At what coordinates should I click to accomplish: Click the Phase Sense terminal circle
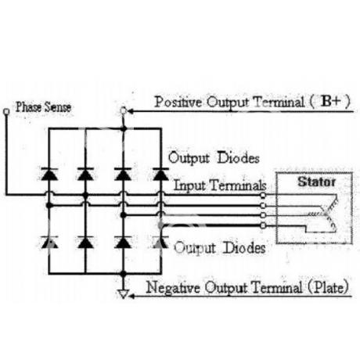click(6, 112)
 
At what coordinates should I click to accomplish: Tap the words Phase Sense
click(43, 107)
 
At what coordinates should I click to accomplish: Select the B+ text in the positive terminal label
click(331, 101)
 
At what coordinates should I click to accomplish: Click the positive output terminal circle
click(124, 111)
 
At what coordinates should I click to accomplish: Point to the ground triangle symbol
click(123, 293)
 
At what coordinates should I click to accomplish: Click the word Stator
click(316, 182)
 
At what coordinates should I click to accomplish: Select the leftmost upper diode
click(49, 174)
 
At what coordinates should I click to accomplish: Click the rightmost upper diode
click(160, 174)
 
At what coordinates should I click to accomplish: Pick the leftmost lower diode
click(49, 242)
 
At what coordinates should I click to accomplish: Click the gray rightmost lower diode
click(160, 242)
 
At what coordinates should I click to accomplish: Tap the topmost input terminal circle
click(263, 195)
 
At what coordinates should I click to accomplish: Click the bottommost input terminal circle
click(263, 225)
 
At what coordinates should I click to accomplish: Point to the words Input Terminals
click(220, 185)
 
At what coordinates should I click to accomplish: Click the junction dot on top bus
click(124, 128)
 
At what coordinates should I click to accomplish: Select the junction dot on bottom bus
click(124, 274)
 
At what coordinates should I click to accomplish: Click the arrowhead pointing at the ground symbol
click(131, 296)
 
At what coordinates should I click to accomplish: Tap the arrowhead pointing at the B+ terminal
click(130, 111)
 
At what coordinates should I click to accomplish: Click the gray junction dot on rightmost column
click(160, 225)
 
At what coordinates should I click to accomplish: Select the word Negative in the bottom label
click(173, 287)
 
